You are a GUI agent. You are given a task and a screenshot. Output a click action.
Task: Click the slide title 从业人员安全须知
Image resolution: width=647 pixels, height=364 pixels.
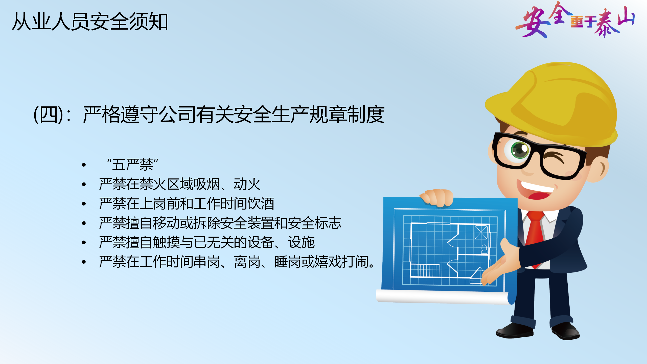point(90,22)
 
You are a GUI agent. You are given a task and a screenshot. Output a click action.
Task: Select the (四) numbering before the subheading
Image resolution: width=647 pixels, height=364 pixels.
point(49,115)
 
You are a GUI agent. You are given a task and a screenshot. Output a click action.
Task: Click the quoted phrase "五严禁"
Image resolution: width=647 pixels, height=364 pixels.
point(132,165)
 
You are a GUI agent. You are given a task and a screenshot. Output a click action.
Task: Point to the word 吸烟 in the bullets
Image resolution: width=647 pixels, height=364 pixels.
point(207,184)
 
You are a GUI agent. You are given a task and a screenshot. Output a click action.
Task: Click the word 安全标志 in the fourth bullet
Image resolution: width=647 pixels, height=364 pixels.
point(314,223)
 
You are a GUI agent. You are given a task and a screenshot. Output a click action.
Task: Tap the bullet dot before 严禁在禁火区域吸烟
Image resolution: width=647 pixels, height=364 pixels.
point(84,185)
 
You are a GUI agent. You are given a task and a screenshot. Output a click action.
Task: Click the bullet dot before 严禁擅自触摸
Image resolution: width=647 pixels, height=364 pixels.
point(84,243)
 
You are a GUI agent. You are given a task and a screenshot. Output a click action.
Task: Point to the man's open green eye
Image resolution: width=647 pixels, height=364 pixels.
point(520,150)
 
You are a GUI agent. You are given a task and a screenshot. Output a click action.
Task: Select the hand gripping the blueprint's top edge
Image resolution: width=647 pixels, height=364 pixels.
point(436,198)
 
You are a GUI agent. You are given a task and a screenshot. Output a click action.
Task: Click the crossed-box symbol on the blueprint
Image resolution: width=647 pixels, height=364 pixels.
point(481,232)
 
